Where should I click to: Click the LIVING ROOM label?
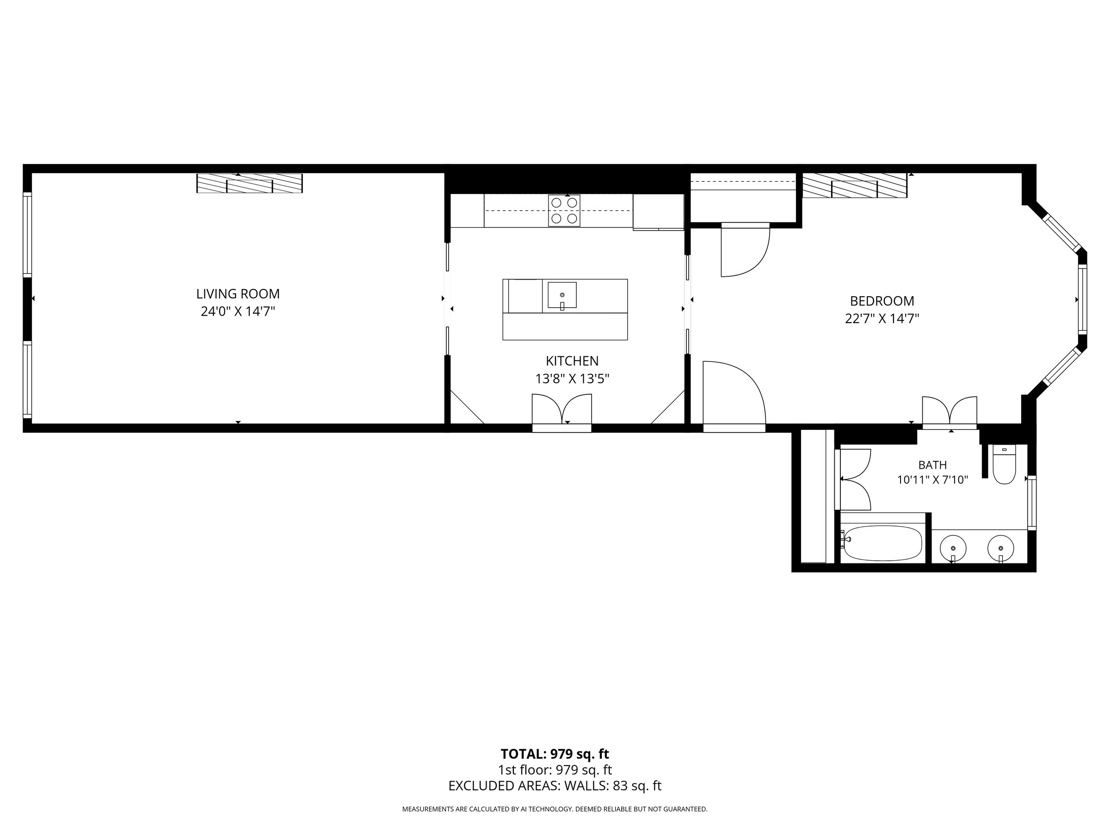tap(238, 294)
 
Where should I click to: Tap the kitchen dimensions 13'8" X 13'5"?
tap(572, 379)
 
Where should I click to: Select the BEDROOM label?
tap(882, 301)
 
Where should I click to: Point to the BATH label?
tap(932, 465)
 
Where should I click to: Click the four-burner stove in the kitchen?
tap(564, 211)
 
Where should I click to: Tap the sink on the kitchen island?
tap(562, 295)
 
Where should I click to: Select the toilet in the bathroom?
tap(1005, 465)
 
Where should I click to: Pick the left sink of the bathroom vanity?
tap(952, 548)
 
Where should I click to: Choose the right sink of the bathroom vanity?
tap(1000, 548)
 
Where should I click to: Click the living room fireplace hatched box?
tap(249, 184)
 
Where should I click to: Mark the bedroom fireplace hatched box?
tap(855, 185)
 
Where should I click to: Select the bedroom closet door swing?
tap(745, 250)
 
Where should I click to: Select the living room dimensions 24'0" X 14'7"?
tap(238, 312)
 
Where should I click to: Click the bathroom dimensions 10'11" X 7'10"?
tap(932, 480)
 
